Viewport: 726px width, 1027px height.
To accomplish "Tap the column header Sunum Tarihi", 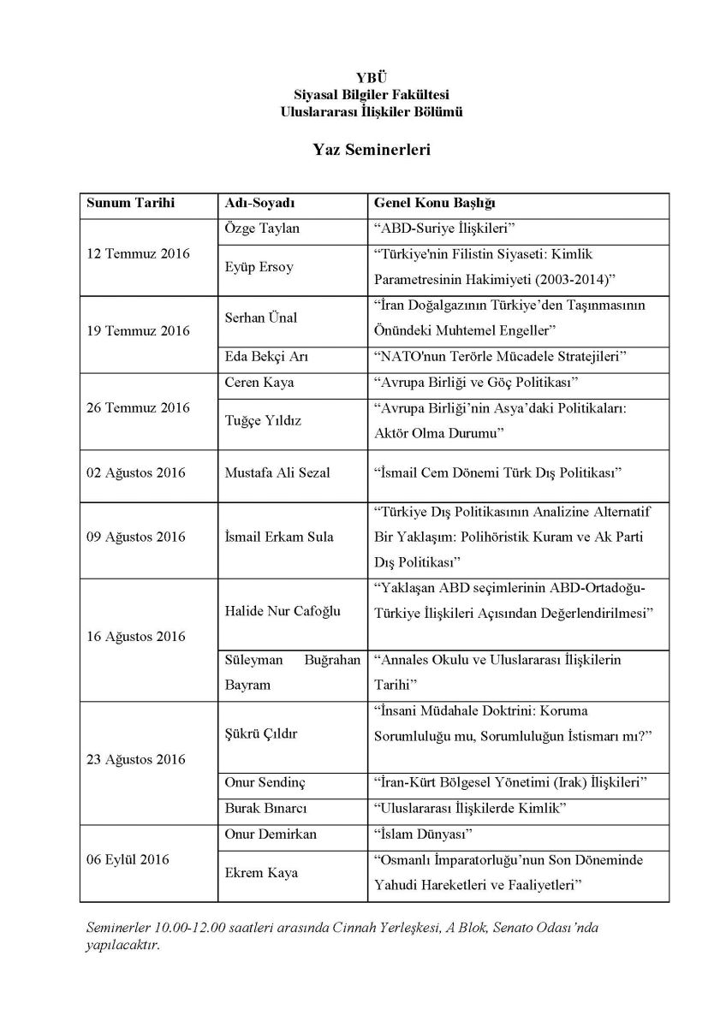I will point(130,205).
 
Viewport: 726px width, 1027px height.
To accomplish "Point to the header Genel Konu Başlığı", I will point(435,205).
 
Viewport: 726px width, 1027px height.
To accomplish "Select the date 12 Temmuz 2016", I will point(139,254).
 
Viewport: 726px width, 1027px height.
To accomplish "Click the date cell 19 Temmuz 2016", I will point(139,330).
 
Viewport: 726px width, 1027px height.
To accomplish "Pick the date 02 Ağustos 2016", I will point(136,472).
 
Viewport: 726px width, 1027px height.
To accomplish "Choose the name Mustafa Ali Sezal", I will point(276,472).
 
